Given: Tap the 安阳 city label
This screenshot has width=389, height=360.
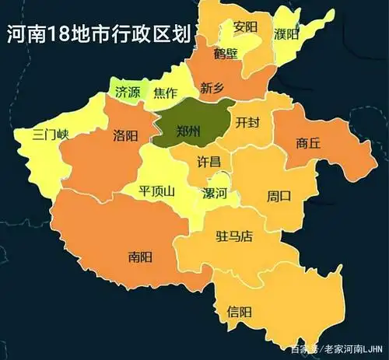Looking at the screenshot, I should (245, 26).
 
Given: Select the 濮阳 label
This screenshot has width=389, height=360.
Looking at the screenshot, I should (286, 34).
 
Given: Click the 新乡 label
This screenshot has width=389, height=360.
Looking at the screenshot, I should (212, 87).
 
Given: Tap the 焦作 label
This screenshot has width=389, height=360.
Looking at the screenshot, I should (166, 93).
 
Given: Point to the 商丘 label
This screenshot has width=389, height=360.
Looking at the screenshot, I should (308, 143).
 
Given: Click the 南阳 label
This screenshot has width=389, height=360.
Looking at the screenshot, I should (140, 256).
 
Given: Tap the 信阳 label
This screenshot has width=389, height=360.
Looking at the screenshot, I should (240, 312).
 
